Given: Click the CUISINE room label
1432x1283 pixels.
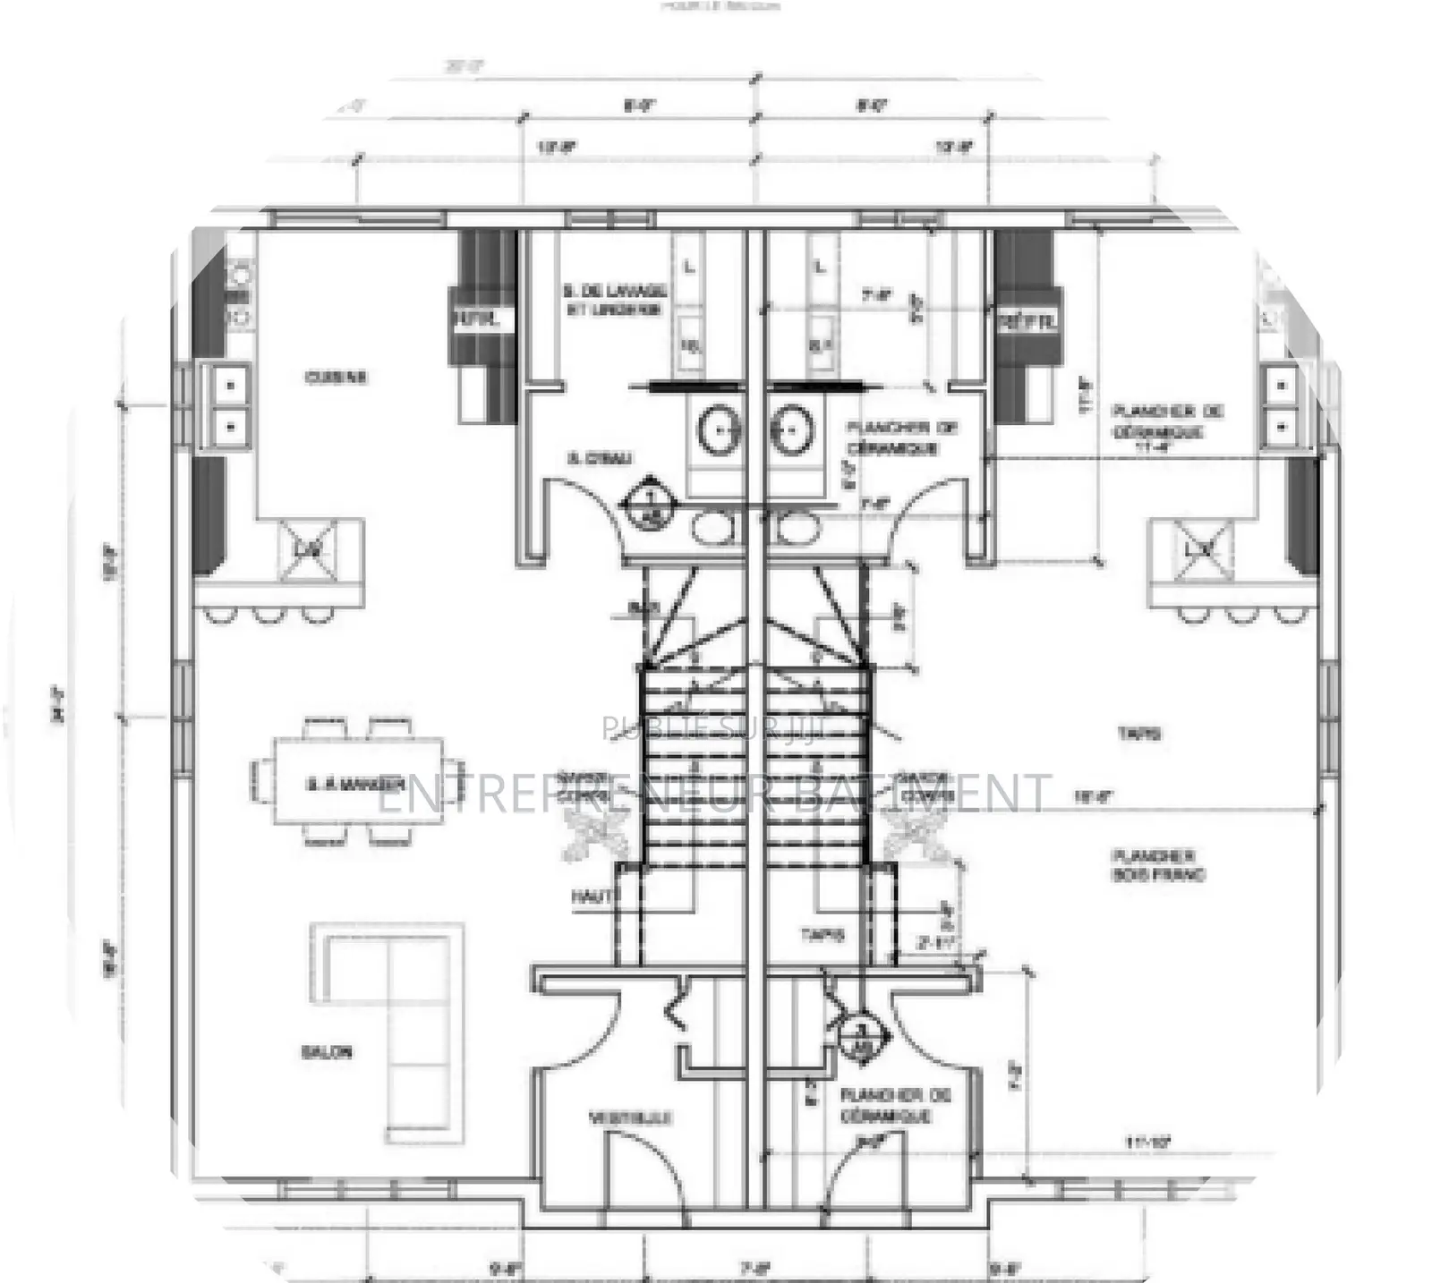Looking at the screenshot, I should pos(336,378).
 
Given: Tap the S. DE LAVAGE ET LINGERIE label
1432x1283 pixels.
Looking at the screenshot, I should pos(615,300).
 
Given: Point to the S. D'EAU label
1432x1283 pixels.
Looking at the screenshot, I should pos(600,459).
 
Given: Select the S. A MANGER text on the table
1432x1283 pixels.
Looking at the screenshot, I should pos(355,785).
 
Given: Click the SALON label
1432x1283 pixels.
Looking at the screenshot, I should pos(327,1052).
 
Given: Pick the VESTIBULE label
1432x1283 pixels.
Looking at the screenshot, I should pos(630,1117).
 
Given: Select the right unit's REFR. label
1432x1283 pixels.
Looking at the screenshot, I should pos(1028,320).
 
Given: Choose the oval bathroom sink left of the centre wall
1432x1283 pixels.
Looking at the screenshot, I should pos(719,429).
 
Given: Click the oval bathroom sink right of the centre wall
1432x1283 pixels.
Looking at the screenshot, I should pos(791,429).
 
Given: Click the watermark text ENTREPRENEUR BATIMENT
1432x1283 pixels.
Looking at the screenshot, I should pos(712,794).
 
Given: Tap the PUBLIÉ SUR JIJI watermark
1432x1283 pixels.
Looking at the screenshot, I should pos(716,728).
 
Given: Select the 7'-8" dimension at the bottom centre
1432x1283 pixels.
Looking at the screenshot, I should pos(754,1268).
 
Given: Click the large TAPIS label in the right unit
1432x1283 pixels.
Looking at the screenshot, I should pos(1139,734).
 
